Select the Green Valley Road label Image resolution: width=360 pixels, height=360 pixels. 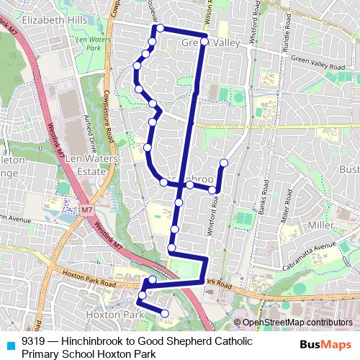(x=318, y=66)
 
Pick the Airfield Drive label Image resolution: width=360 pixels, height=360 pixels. (x=91, y=128)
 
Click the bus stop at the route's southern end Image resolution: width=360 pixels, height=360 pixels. (x=165, y=313)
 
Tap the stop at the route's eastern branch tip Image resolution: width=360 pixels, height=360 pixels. (x=224, y=162)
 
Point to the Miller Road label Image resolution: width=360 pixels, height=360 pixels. (x=285, y=216)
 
